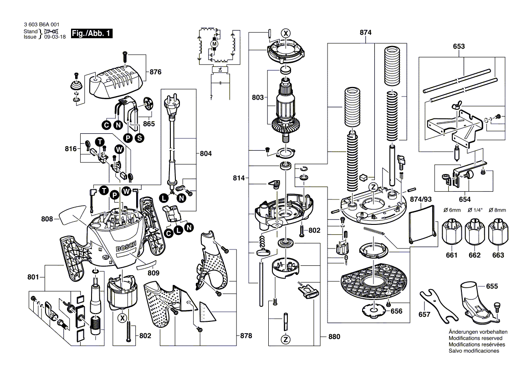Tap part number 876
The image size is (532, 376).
pyautogui.click(x=156, y=72)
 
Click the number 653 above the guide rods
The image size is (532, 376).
pyautogui.click(x=459, y=46)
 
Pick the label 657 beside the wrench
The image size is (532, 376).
pyautogui.click(x=424, y=315)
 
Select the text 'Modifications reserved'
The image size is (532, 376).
pyautogui.click(x=475, y=339)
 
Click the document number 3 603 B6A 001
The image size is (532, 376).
pyautogui.click(x=41, y=25)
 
